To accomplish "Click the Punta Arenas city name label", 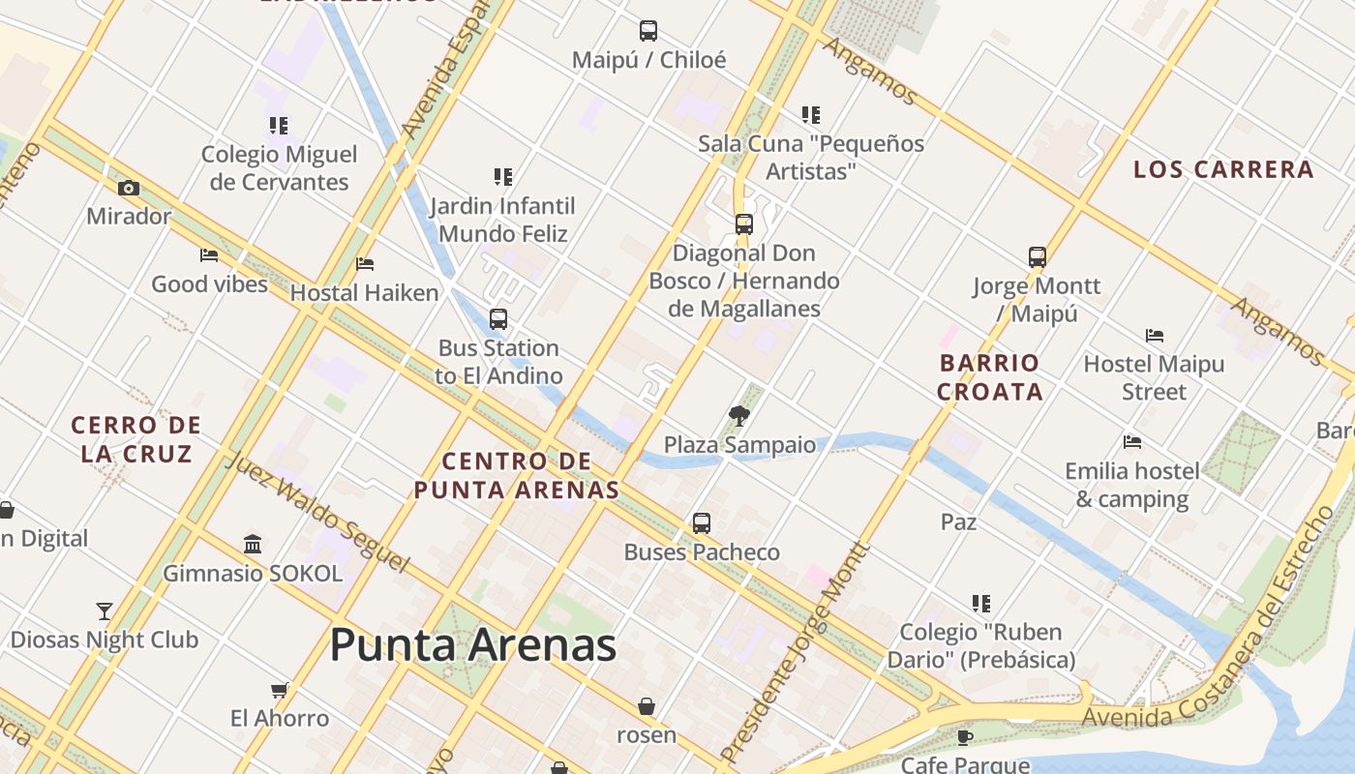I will (x=473, y=645).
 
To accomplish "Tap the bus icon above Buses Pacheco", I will (x=702, y=523).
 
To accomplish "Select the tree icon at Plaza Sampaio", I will (x=739, y=416).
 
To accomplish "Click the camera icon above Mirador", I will (x=129, y=188).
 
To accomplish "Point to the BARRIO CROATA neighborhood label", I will (x=990, y=377).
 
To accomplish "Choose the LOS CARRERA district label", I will (x=1223, y=169).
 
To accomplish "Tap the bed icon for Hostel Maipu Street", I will (x=1155, y=336).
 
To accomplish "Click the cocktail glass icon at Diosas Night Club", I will (x=105, y=610).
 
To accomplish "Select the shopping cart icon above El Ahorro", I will (x=280, y=690).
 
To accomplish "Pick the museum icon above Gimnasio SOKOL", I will (x=253, y=544).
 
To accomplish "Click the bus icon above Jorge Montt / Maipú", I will (x=1038, y=257).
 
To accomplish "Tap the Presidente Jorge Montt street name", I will (x=796, y=654).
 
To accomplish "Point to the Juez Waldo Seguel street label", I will (x=316, y=511).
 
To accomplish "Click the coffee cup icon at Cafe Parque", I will (x=965, y=737).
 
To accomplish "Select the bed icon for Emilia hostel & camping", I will (x=1132, y=442).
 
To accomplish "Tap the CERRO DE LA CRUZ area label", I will (x=135, y=438).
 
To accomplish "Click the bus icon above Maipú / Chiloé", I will (x=648, y=31).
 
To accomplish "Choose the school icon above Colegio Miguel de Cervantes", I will (x=279, y=125).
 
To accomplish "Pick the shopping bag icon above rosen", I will (x=647, y=706).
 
